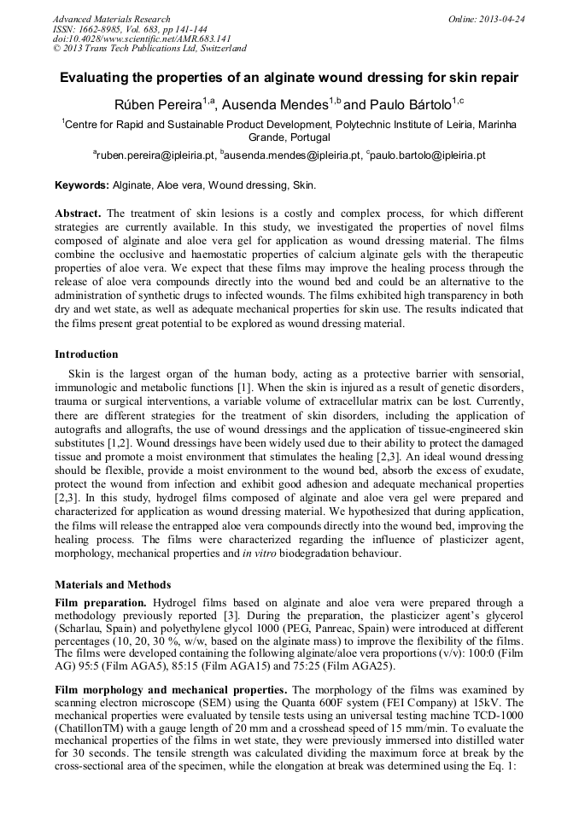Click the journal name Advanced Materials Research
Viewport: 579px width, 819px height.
(x=111, y=19)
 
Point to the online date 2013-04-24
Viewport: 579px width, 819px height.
(x=501, y=19)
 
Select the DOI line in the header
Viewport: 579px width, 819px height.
(x=142, y=38)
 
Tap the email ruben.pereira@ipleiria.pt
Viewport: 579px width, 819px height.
(x=155, y=156)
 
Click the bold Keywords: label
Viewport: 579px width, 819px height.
(x=82, y=185)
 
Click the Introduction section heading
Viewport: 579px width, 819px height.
(x=86, y=354)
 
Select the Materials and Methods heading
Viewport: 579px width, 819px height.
(x=113, y=585)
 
